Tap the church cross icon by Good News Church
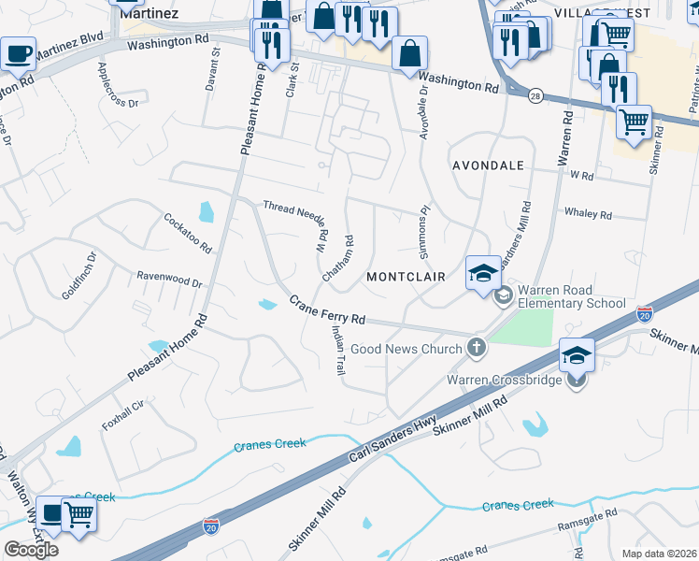(x=477, y=349)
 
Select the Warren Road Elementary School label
(x=571, y=296)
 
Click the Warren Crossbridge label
(x=504, y=380)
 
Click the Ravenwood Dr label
(x=169, y=280)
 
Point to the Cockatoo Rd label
(x=188, y=233)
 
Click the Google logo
(x=31, y=550)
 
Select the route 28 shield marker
(x=535, y=96)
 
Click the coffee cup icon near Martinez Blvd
(x=18, y=53)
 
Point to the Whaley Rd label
(x=588, y=214)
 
